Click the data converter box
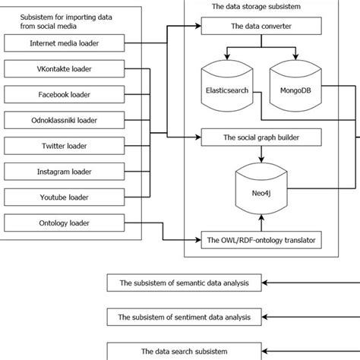point(261,28)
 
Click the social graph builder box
point(261,139)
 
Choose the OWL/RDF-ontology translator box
point(261,241)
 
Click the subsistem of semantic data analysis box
point(183,284)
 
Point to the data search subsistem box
point(183,350)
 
